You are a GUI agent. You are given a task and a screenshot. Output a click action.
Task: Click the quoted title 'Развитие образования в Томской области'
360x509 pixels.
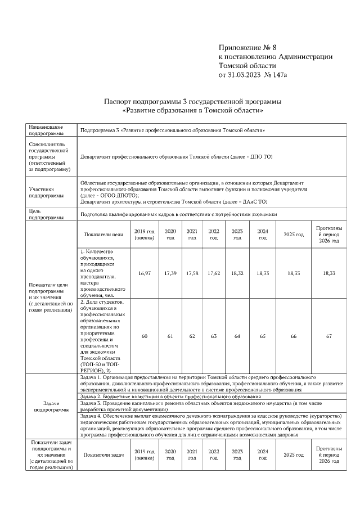[x=193, y=111]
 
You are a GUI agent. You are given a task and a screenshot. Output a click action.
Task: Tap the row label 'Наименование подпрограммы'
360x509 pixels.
[x=46, y=130]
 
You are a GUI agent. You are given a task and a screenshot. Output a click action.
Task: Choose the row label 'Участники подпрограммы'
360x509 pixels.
[x=46, y=193]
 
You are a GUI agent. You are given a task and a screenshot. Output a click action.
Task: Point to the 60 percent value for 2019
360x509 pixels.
[x=144, y=336]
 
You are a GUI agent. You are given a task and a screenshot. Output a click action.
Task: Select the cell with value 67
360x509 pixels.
[x=329, y=336]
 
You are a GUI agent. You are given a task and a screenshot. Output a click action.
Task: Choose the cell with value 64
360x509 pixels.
[x=237, y=336]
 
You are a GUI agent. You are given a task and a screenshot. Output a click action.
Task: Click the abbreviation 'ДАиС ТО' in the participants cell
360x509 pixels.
[x=255, y=201]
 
